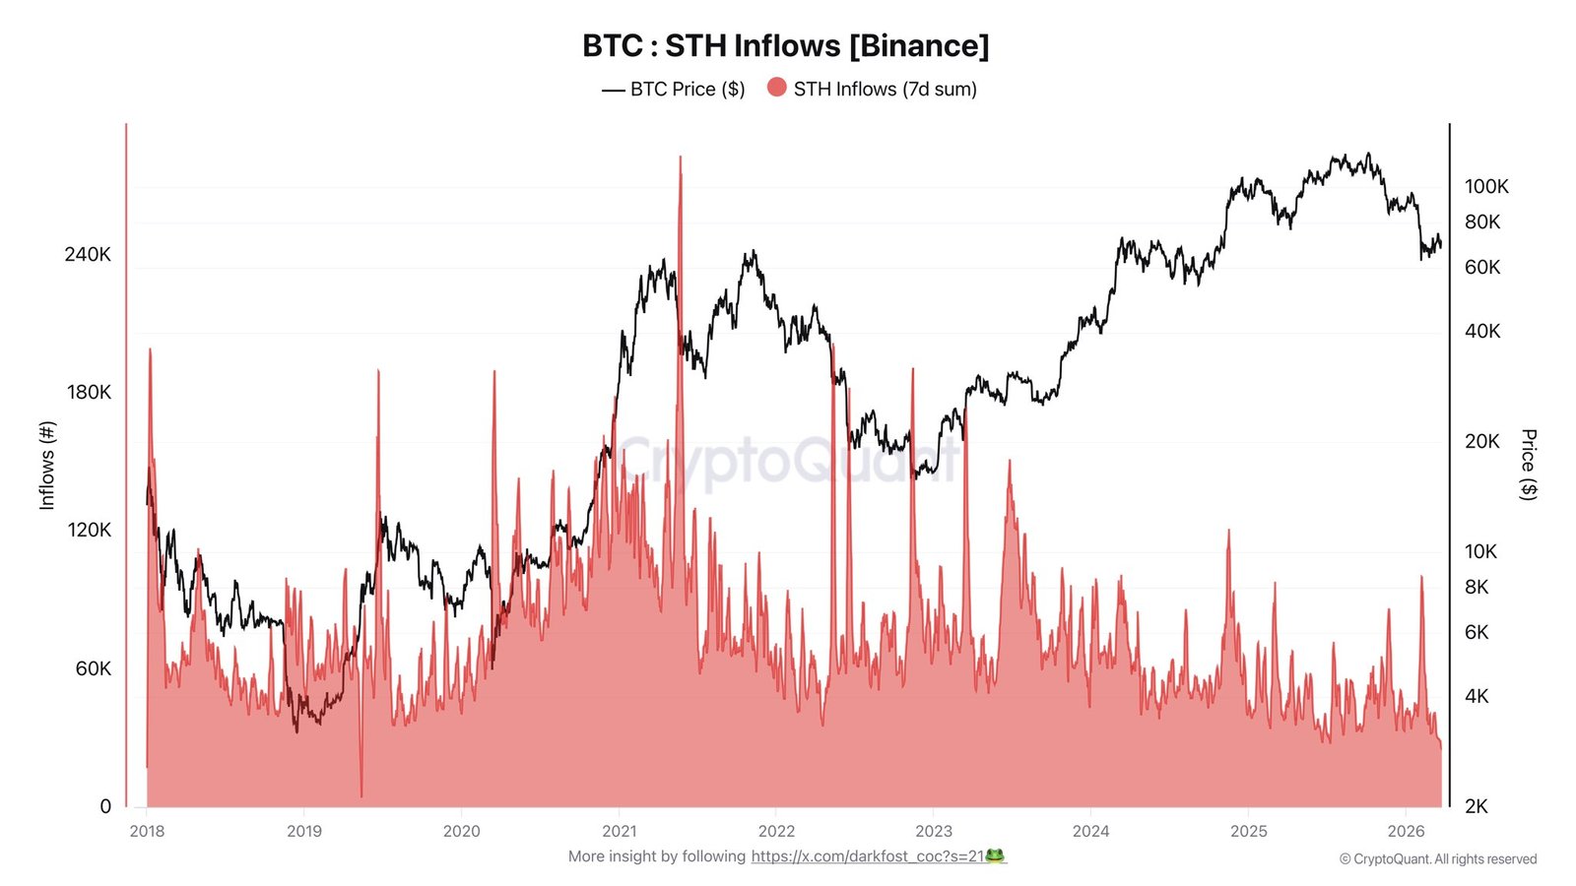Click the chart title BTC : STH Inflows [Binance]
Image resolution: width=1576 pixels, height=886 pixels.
(785, 45)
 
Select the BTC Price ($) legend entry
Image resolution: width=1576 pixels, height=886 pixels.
(674, 89)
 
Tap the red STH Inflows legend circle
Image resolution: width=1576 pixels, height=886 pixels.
(777, 88)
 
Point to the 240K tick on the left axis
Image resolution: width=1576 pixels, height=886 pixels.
(88, 254)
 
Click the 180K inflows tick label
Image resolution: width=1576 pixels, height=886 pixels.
(88, 392)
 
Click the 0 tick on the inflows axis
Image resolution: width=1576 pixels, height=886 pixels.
(105, 806)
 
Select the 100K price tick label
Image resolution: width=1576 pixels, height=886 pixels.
(1486, 186)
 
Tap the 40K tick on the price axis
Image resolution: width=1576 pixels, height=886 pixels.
(1482, 331)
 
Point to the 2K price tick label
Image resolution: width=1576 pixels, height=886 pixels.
(1477, 806)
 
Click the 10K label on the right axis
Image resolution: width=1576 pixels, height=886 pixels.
(1480, 551)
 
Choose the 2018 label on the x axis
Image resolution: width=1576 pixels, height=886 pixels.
(147, 831)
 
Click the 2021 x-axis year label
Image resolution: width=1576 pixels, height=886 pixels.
(619, 831)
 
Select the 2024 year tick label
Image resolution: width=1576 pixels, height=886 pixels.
(1090, 831)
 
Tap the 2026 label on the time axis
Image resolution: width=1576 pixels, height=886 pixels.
(1406, 831)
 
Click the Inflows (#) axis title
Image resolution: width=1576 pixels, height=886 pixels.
(46, 465)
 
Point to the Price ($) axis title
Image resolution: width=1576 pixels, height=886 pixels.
(1529, 465)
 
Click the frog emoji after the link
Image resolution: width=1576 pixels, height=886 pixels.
(995, 856)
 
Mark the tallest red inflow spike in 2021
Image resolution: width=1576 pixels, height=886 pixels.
(680, 159)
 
